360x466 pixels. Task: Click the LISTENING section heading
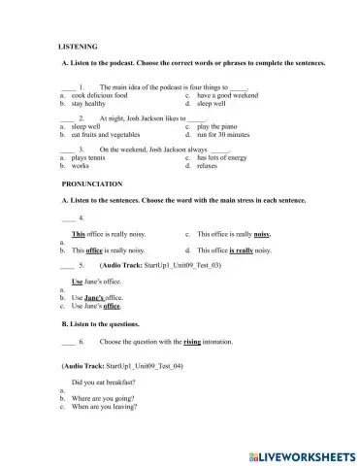(x=78, y=46)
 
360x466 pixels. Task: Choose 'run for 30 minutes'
(x=226, y=133)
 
